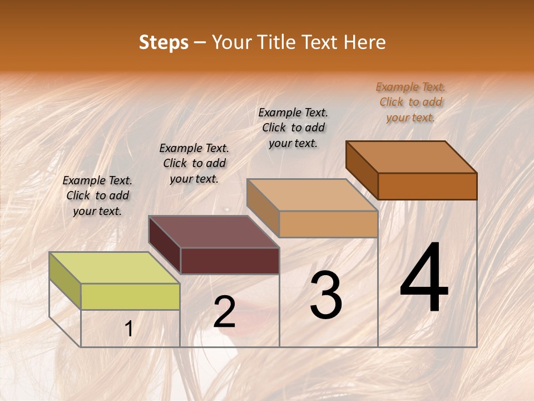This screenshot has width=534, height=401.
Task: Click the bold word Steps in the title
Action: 164,42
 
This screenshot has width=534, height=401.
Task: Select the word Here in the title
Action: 365,42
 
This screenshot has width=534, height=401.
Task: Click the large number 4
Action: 424,279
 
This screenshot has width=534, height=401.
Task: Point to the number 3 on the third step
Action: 326,296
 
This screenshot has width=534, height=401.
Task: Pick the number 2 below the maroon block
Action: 224,312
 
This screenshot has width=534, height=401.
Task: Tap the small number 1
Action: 129,329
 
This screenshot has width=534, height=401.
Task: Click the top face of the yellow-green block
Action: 114,267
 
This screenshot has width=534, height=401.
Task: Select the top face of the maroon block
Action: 214,231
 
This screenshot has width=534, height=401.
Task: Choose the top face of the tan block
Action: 313,195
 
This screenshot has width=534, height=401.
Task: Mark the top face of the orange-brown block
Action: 412,157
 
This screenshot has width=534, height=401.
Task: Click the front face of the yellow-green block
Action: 130,296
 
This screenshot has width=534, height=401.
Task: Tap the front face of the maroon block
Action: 230,261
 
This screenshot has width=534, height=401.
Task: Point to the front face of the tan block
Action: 328,224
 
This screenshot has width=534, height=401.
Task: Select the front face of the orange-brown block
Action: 427,186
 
